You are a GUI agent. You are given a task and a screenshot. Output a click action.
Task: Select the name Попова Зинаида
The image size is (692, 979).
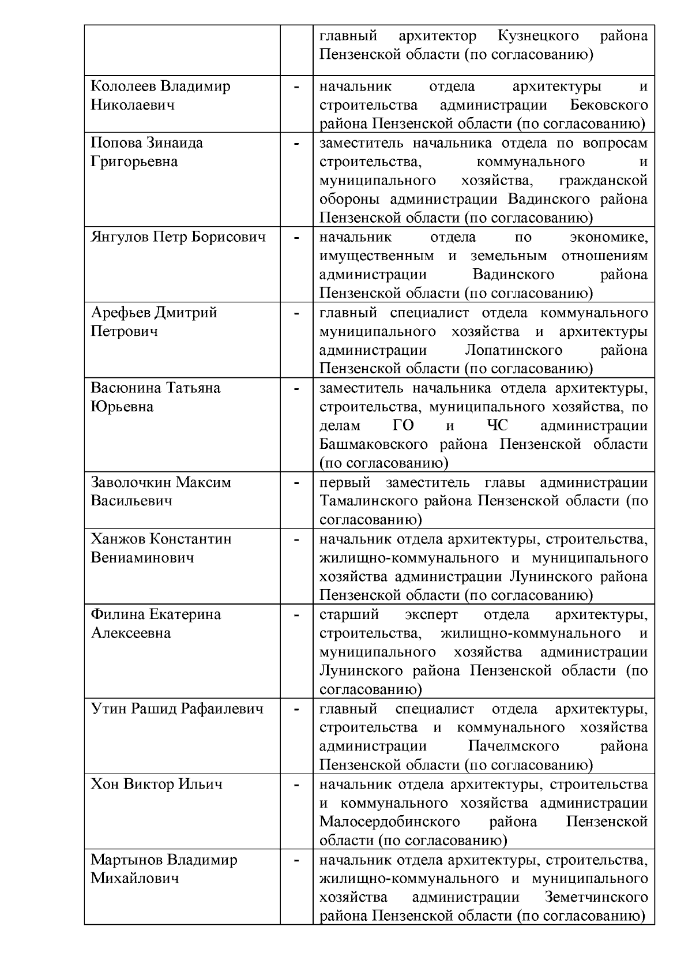(147, 143)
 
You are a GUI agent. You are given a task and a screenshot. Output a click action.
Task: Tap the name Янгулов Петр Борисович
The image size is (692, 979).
(178, 237)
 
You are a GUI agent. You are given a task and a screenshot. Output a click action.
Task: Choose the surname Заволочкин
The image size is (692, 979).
(131, 482)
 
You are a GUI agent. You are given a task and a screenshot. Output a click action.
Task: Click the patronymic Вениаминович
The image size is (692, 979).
(142, 558)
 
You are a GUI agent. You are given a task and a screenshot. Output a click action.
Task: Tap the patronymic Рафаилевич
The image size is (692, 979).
(222, 709)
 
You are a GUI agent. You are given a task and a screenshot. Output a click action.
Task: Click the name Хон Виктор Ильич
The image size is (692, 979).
(156, 785)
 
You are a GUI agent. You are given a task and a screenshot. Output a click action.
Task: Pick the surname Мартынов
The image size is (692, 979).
(126, 860)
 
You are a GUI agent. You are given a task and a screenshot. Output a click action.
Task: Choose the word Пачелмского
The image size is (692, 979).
(513, 747)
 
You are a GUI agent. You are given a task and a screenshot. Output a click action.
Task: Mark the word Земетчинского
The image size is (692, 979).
(596, 898)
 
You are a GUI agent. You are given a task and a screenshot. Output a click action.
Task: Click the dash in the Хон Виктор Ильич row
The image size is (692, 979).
(296, 785)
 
